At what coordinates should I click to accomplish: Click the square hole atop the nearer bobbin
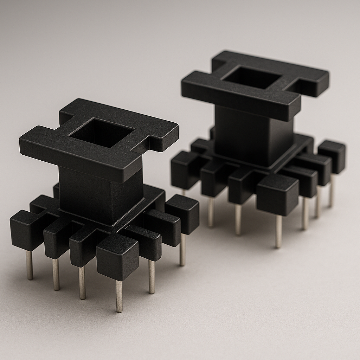click(102, 133)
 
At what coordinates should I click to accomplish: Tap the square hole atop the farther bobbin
click(252, 78)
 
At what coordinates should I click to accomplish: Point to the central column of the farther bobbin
click(253, 135)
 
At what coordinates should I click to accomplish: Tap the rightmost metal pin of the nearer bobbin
click(182, 250)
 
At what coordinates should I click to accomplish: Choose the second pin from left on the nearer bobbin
click(56, 274)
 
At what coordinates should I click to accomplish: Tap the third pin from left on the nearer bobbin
click(82, 283)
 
